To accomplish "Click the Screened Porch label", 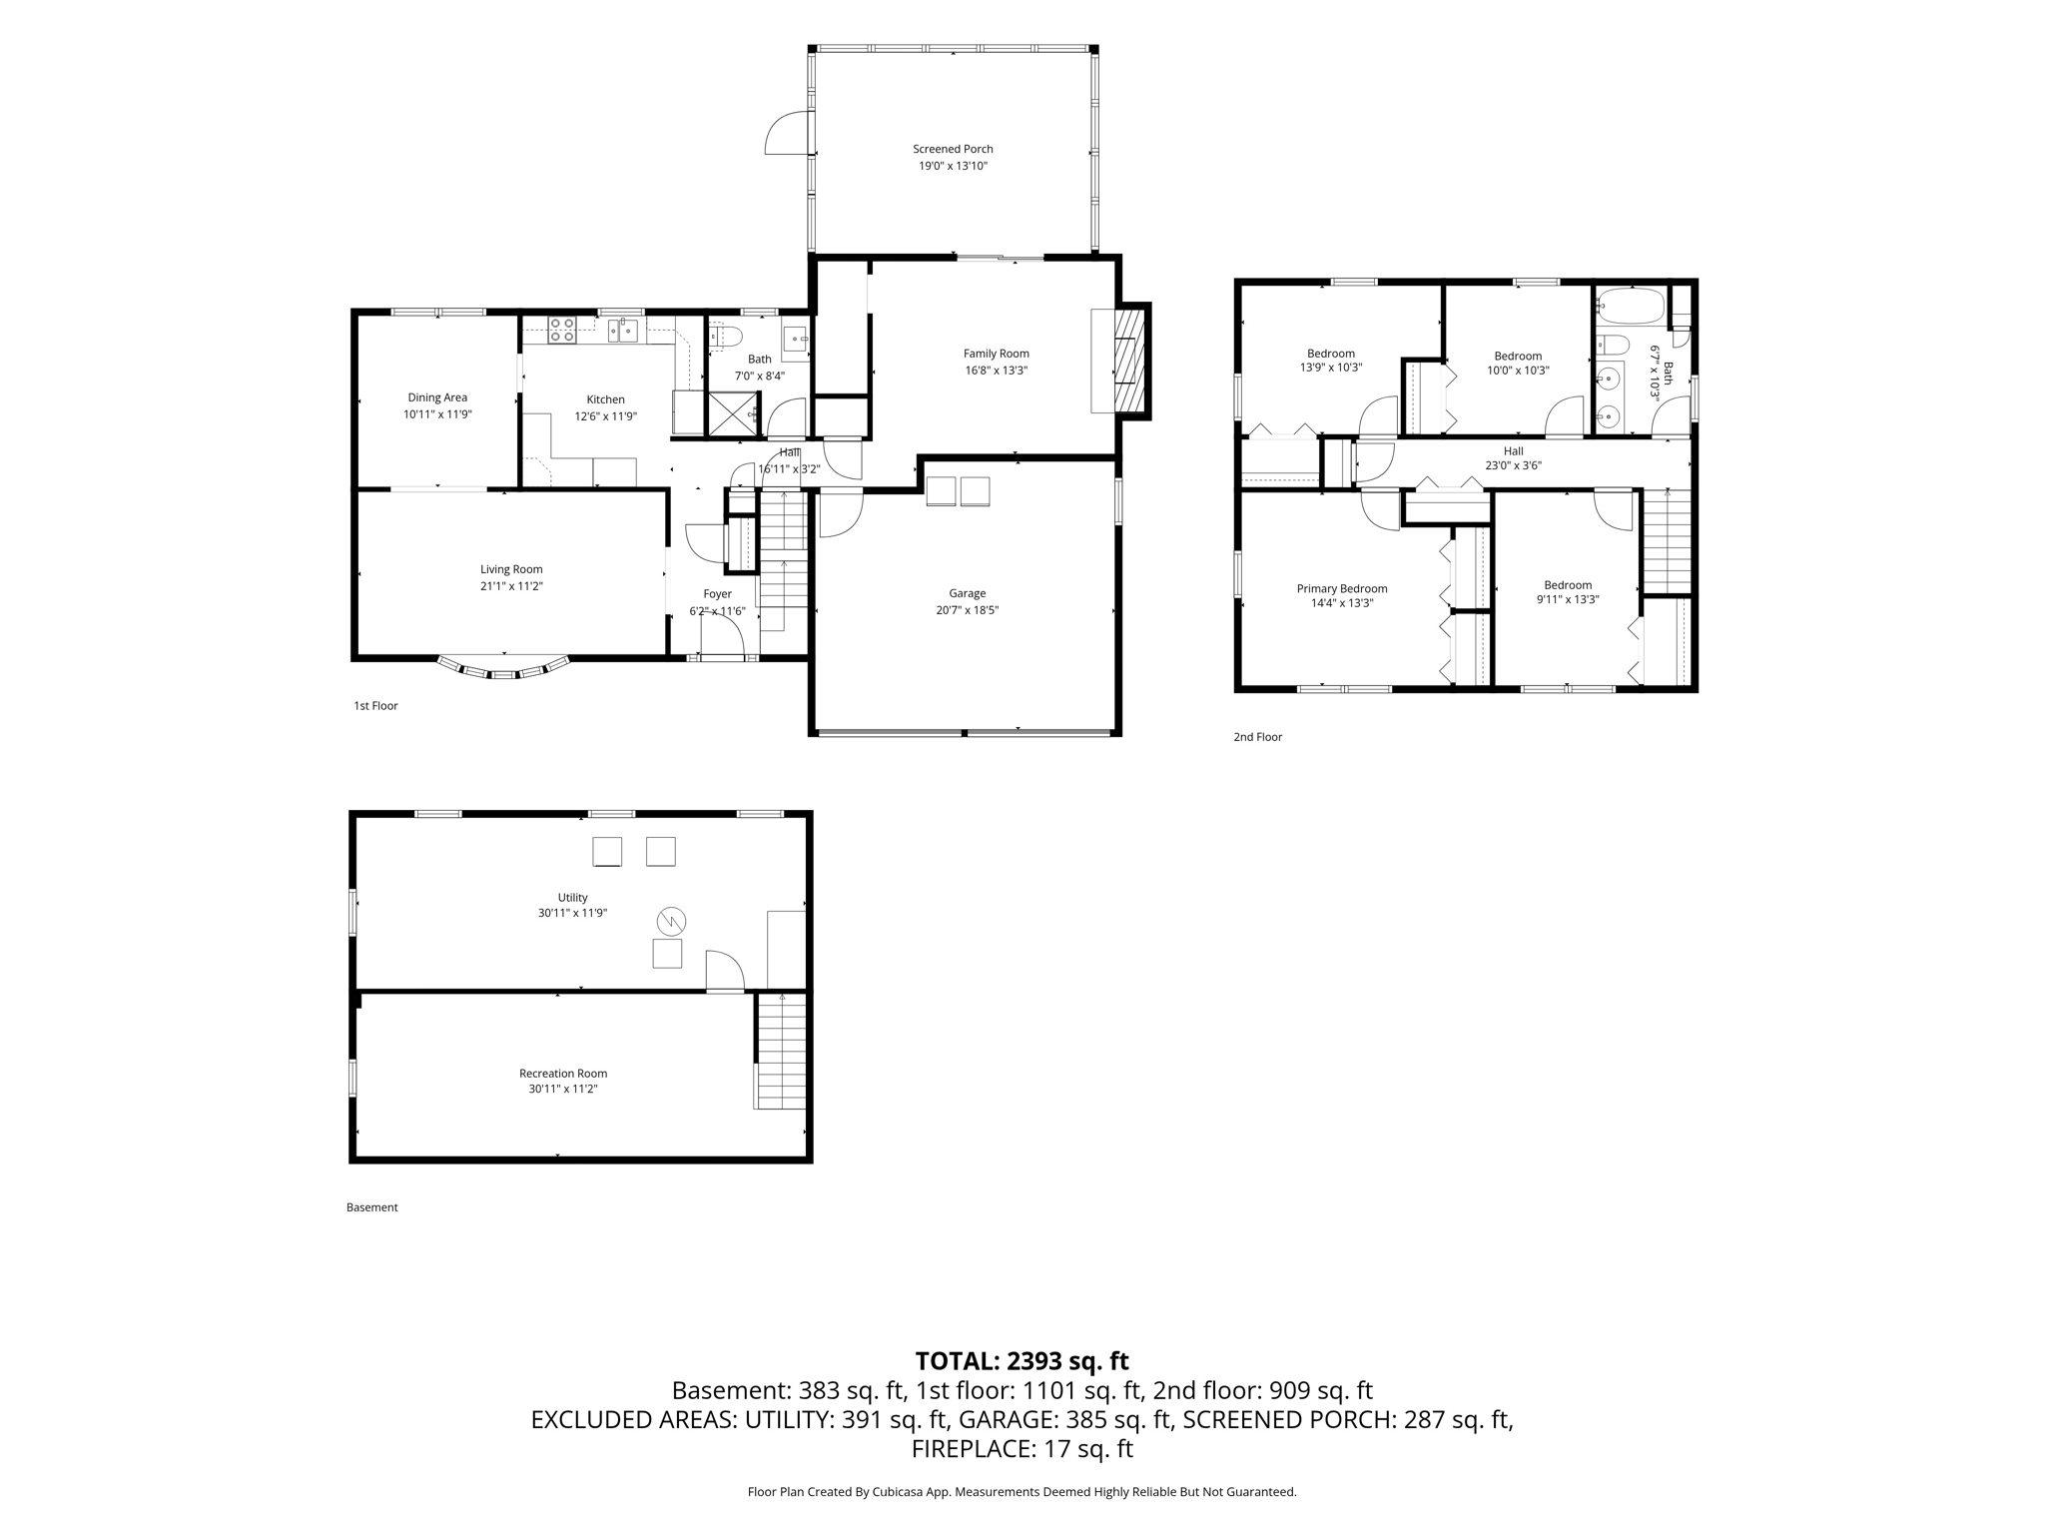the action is (x=953, y=149).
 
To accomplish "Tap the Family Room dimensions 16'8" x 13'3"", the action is (x=996, y=371).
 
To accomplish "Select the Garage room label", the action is (x=967, y=593).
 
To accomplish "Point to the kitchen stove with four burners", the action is (x=562, y=330).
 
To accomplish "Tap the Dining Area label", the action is (x=437, y=397).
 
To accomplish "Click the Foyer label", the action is (x=717, y=594).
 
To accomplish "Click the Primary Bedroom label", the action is (x=1342, y=588).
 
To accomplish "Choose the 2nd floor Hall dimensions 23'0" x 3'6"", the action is (x=1513, y=465).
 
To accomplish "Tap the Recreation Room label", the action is (x=563, y=1074).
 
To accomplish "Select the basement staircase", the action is (x=780, y=1051).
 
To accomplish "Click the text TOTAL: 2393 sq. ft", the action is (x=1022, y=1361).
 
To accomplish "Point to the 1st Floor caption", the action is (x=375, y=706).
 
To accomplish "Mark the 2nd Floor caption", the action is (x=1257, y=737).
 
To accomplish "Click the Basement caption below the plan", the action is (x=371, y=1207).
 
